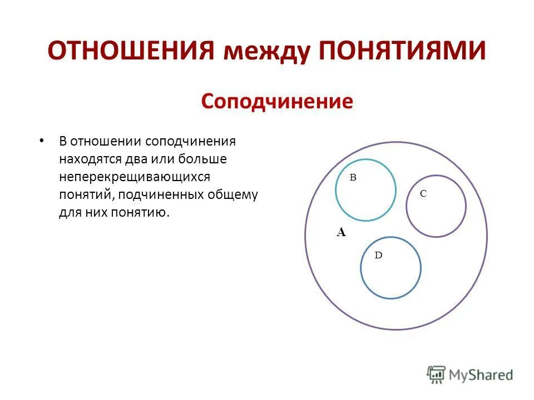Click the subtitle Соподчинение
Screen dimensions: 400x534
coord(276,101)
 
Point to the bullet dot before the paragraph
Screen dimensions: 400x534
coord(42,141)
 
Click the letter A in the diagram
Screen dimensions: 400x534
coord(341,233)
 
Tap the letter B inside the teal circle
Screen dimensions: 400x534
coord(352,177)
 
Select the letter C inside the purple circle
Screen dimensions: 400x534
coord(423,193)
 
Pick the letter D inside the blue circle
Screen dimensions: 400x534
coord(378,255)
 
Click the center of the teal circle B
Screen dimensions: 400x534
coord(365,190)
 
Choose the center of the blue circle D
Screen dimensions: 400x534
coord(390,268)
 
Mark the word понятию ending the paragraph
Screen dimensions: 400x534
coord(141,213)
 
